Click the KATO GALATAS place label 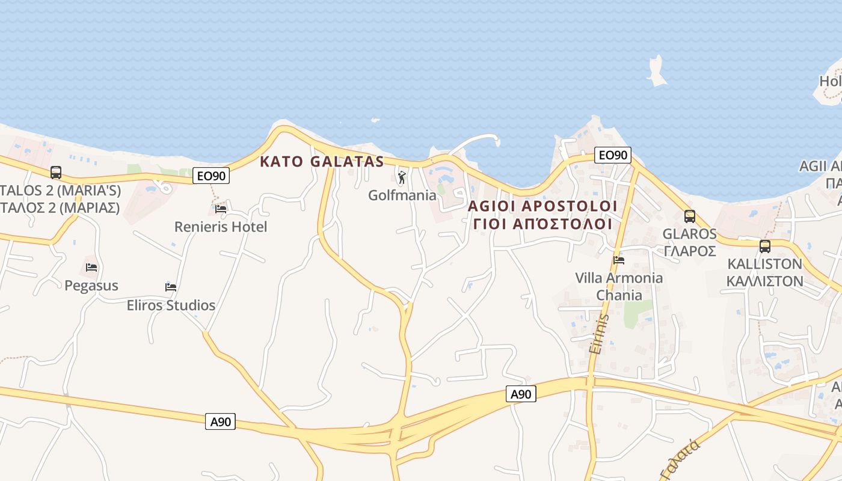322,161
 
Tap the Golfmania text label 402,195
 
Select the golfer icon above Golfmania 402,177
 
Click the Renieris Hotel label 221,227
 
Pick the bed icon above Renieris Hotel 221,209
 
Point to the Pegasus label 91,285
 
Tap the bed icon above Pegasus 91,268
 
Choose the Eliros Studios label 171,305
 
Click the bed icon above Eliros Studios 171,287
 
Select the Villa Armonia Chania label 619,286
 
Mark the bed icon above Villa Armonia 619,260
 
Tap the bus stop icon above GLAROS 690,216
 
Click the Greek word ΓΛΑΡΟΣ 690,251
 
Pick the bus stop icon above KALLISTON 765,246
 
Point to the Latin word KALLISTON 765,263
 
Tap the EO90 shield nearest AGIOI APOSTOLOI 613,155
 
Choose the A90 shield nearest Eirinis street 521,394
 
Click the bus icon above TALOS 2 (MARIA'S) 56,173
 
